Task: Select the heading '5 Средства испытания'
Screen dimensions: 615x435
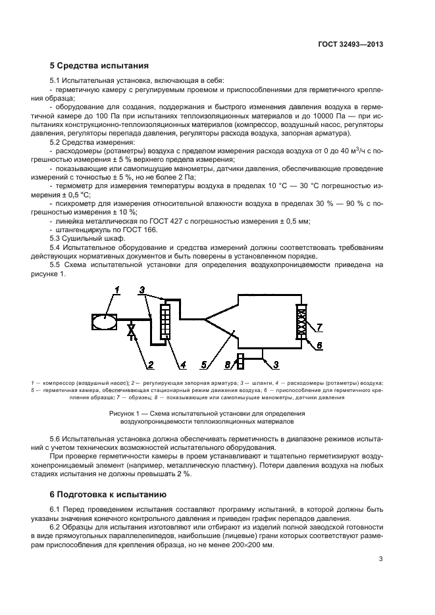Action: coord(99,65)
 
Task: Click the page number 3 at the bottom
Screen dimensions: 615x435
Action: coord(380,559)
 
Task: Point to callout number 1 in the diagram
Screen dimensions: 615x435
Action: coord(116,289)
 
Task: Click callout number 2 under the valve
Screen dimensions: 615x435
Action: coord(149,364)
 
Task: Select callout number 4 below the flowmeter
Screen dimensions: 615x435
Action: coord(184,364)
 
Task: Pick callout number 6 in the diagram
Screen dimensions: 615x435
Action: coord(320,345)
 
